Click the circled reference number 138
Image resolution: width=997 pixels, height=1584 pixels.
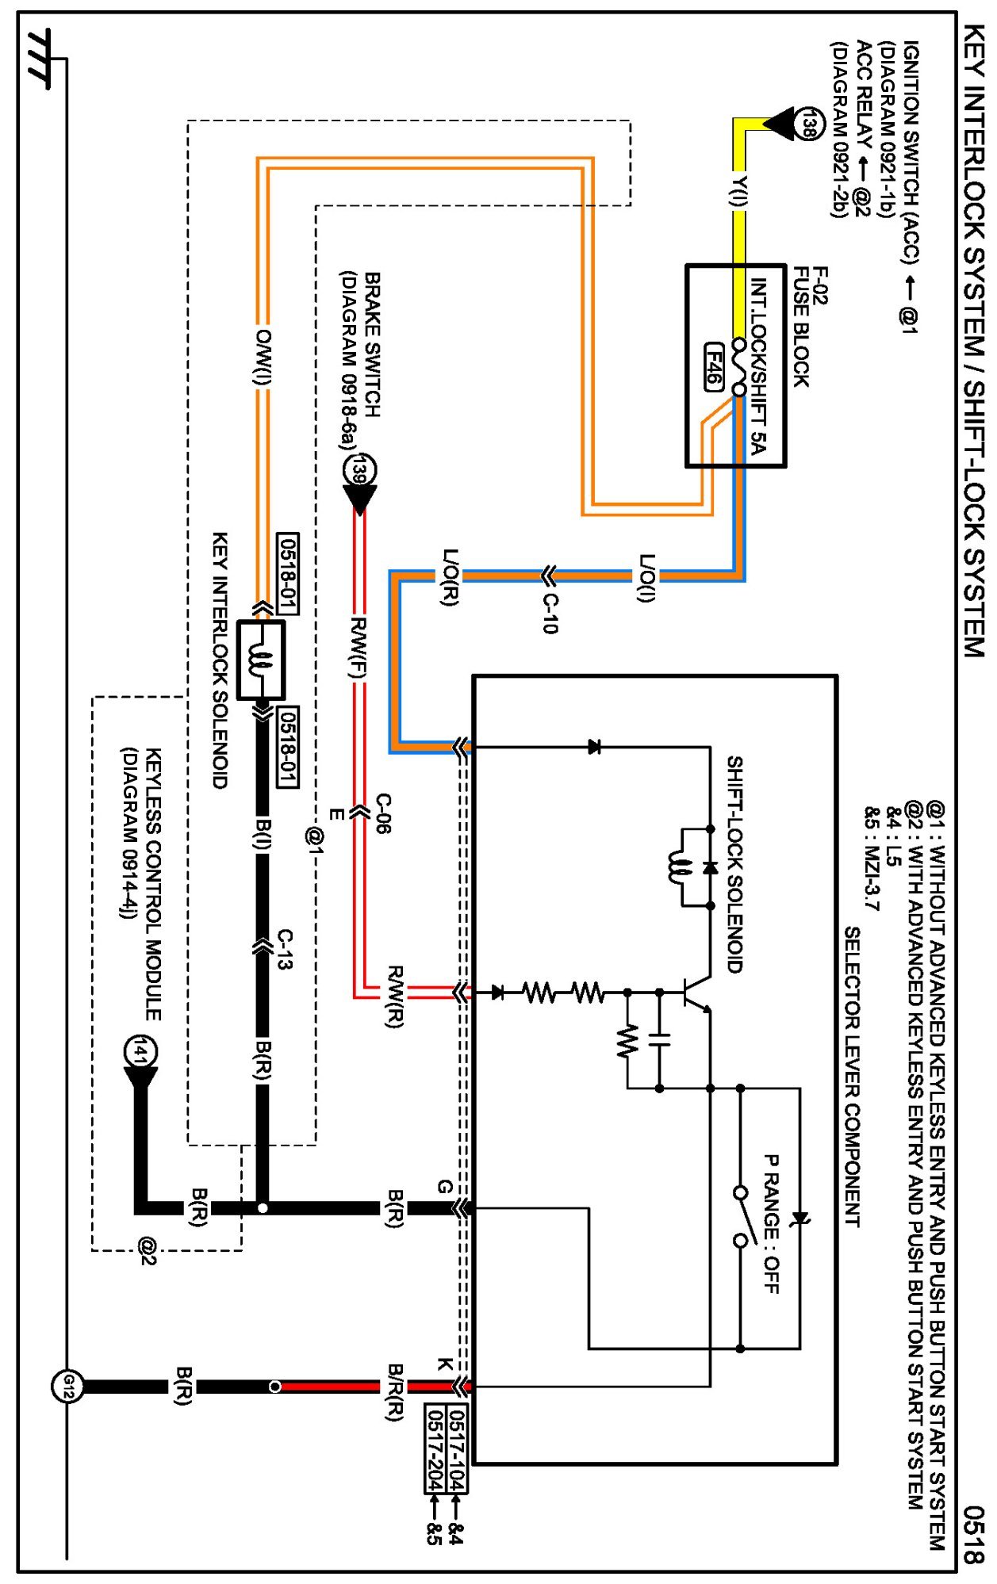point(806,124)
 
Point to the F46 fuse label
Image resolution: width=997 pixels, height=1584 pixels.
point(714,366)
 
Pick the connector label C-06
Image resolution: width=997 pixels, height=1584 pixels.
point(383,813)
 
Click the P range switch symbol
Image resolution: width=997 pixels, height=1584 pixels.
point(741,1216)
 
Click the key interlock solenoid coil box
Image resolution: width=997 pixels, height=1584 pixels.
point(261,660)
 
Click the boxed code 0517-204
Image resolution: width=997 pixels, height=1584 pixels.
point(435,1448)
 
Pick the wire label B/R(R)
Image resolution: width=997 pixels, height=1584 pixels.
point(395,1392)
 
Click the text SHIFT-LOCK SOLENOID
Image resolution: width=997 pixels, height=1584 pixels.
point(735,864)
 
